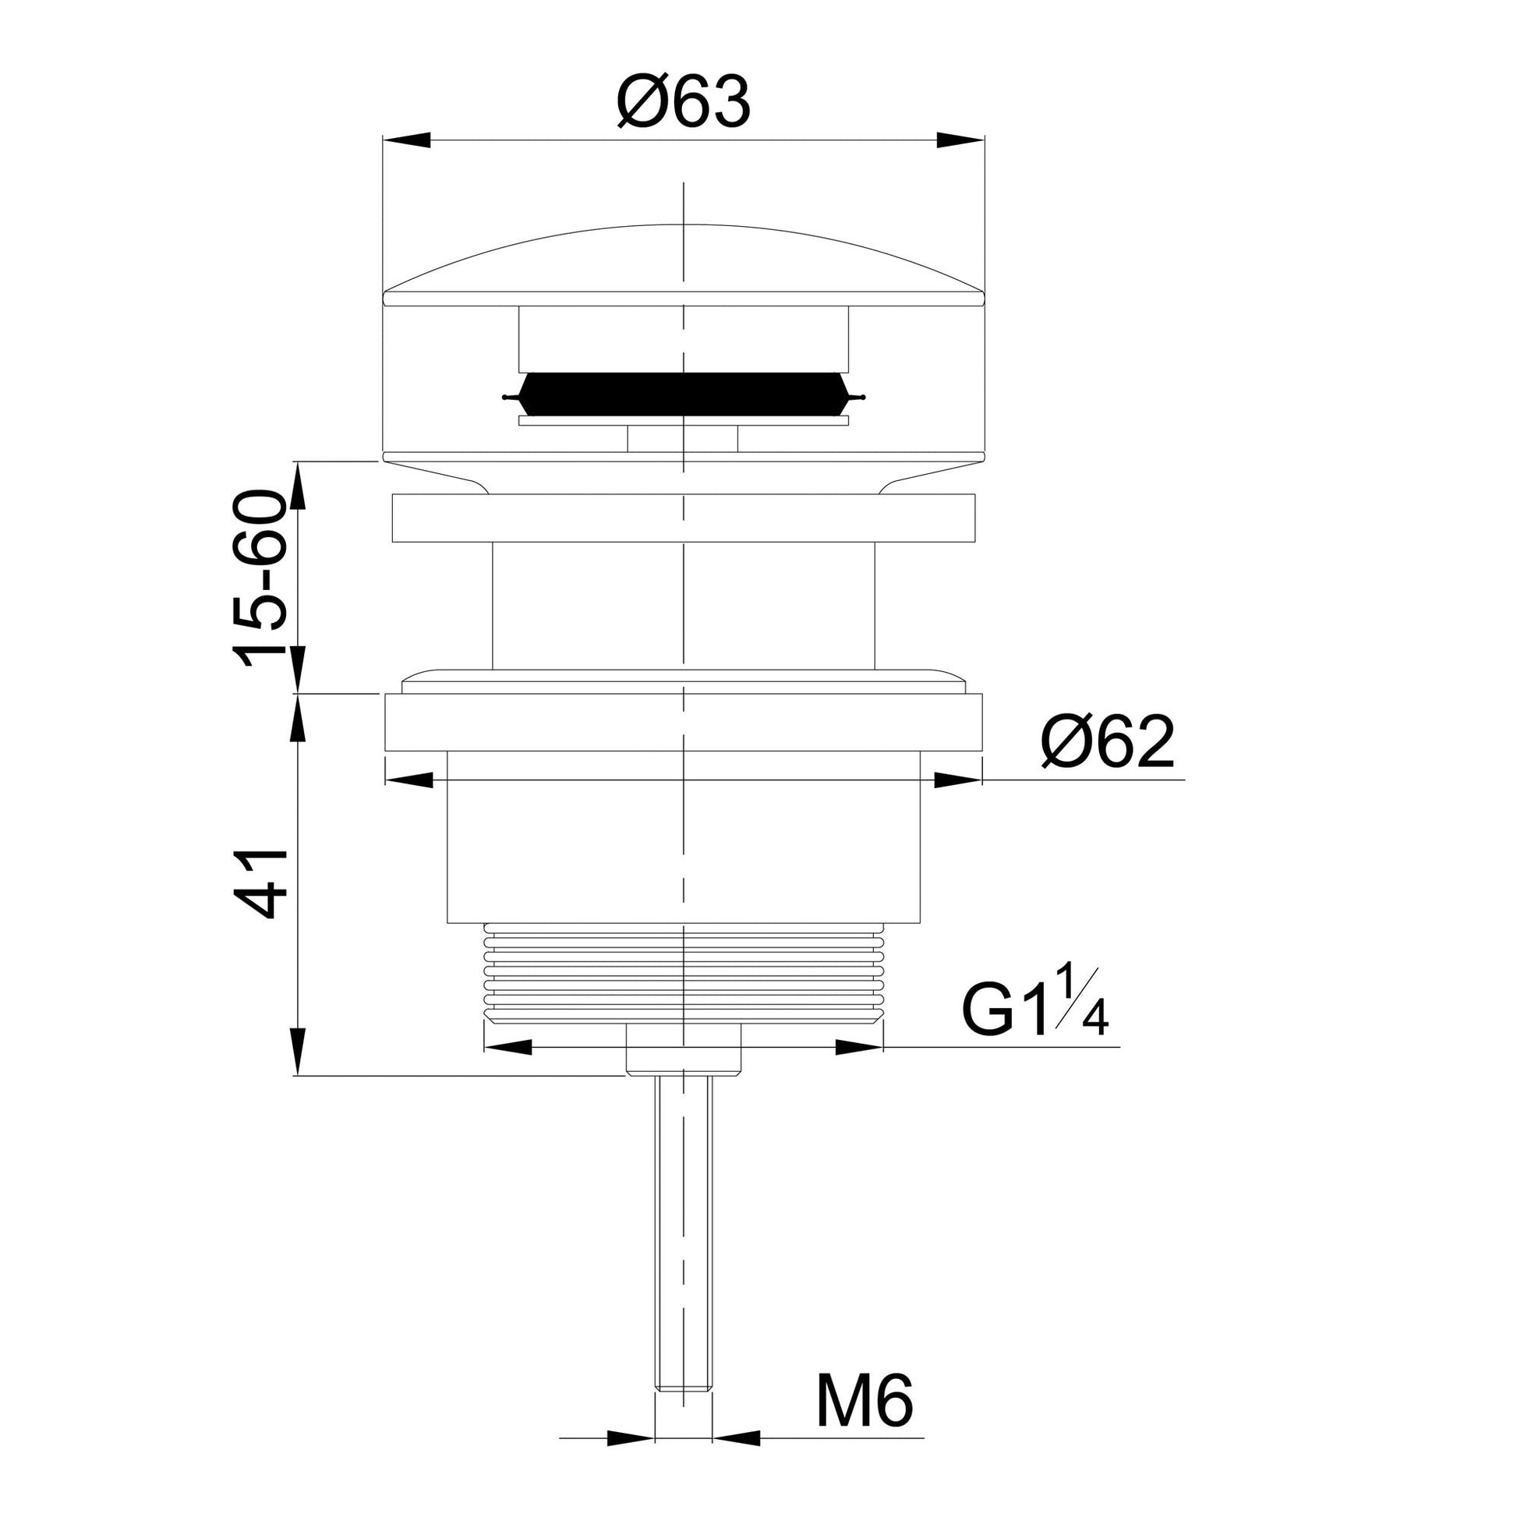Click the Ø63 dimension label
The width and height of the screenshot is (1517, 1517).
click(683, 103)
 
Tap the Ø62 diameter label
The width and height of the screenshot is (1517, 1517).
click(1108, 742)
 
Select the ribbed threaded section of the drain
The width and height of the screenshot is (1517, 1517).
click(683, 973)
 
